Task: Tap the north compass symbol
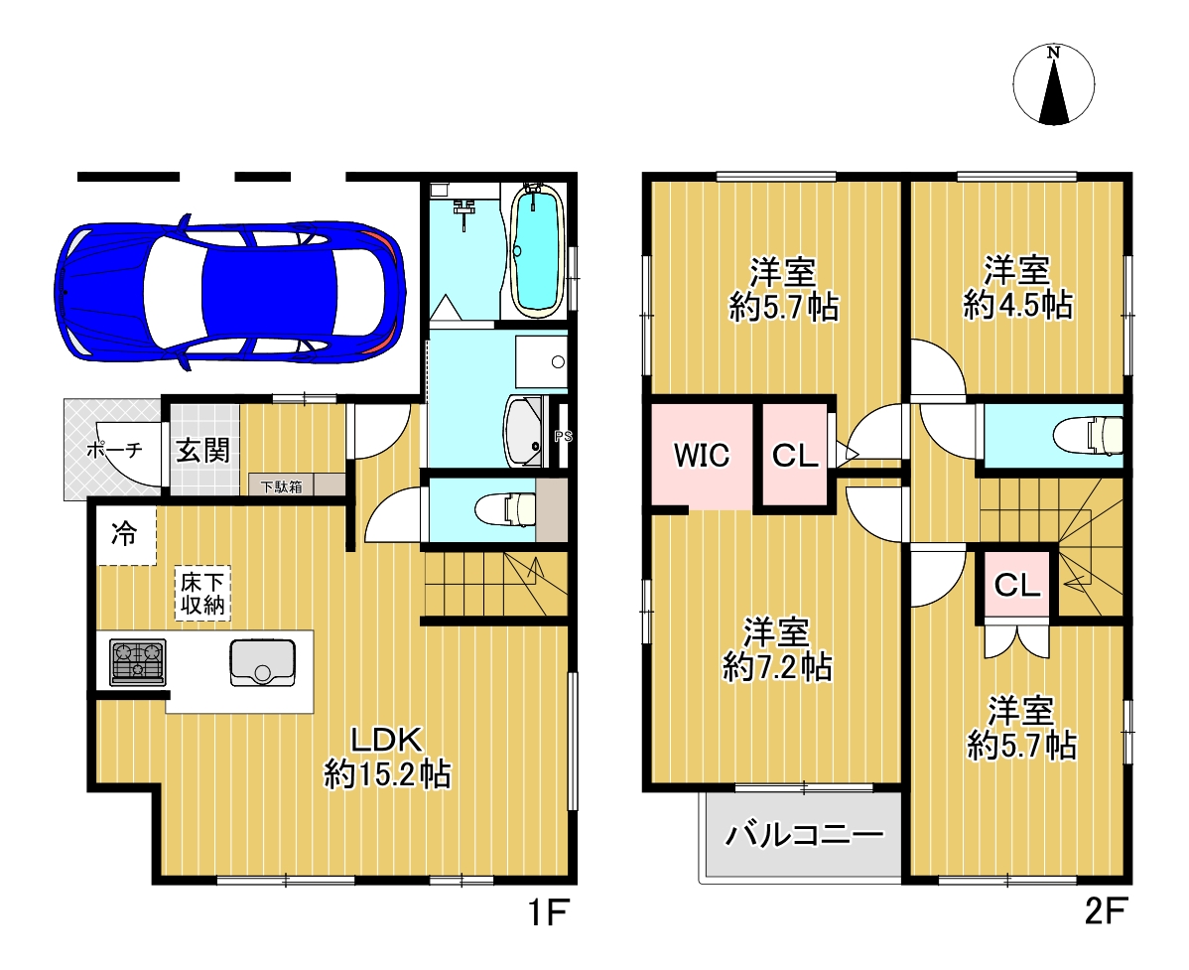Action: tap(1053, 84)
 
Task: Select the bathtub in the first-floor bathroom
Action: tap(537, 249)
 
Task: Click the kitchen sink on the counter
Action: tap(262, 662)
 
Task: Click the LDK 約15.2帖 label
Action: tap(387, 757)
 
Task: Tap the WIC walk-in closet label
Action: tap(702, 455)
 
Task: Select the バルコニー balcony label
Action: tap(805, 835)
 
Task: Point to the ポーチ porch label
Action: tap(114, 450)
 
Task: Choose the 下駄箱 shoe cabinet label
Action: tap(281, 486)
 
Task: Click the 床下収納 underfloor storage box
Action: tap(202, 593)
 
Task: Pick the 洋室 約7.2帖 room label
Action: tap(776, 649)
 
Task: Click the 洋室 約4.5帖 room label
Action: tap(1017, 287)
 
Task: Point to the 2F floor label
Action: tap(1106, 910)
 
